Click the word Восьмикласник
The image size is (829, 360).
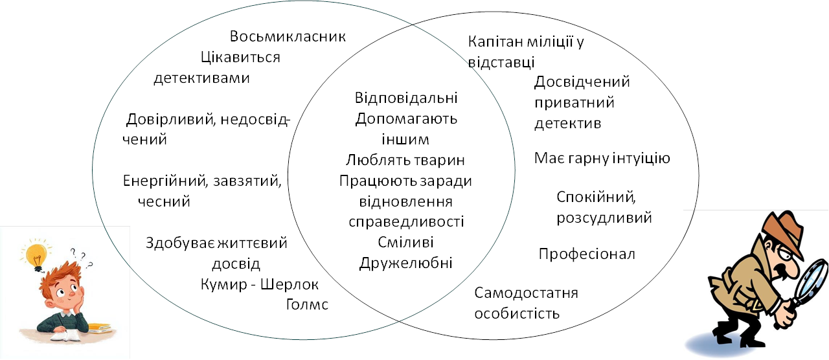(288, 36)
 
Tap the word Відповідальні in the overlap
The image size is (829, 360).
(407, 98)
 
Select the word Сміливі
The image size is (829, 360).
(406, 242)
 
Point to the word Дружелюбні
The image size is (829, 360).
(406, 263)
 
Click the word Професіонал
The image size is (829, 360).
(587, 254)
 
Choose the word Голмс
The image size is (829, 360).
(307, 304)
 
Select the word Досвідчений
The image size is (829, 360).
(582, 82)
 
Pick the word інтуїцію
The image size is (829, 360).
(640, 159)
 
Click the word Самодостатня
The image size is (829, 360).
(526, 293)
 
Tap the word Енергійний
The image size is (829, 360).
(163, 180)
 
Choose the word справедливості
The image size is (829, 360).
(407, 221)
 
